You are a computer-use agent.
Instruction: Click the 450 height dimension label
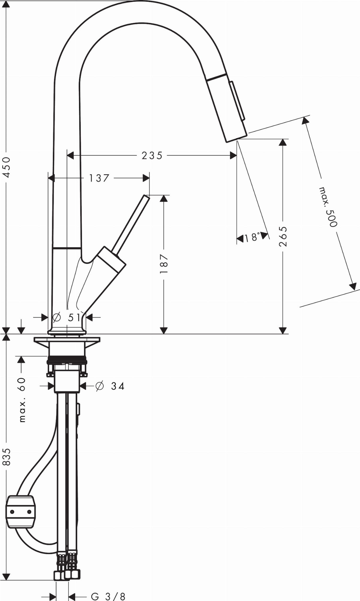point(6,167)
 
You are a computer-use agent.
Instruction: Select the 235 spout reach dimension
point(152,155)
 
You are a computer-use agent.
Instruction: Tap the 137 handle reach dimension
point(99,178)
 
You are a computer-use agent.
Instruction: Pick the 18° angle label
point(252,237)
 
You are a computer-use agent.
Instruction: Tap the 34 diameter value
point(118,386)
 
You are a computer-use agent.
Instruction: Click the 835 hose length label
point(6,457)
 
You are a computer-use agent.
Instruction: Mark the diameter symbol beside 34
point(100,386)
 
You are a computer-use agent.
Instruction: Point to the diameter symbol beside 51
point(56,317)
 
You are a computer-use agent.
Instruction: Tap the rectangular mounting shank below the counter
point(67,381)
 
